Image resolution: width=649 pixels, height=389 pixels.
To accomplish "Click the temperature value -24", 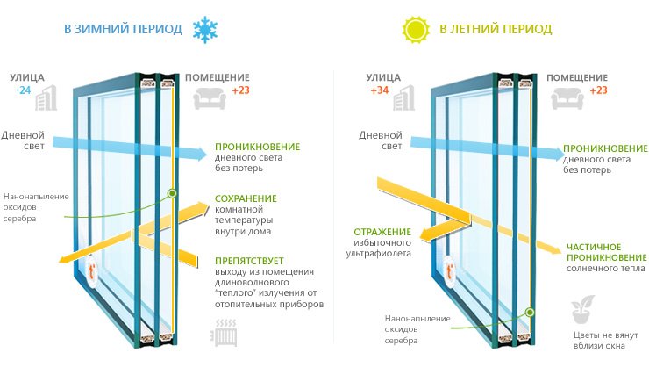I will tap(21, 90).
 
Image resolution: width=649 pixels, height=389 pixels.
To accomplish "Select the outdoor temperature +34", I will tap(379, 90).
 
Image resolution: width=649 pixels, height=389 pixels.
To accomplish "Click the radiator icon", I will tap(223, 334).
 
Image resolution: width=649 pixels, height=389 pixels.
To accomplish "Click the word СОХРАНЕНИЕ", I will tap(246, 198).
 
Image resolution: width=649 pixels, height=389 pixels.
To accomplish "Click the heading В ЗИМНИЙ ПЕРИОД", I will tap(123, 29).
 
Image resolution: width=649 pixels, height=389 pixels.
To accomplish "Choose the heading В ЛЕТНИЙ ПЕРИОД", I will tap(496, 29).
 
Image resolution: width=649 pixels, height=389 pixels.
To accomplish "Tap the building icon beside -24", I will tap(46, 99).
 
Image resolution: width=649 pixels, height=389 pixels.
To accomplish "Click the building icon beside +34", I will tap(404, 99).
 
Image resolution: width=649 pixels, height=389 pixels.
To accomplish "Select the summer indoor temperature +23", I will tap(598, 90).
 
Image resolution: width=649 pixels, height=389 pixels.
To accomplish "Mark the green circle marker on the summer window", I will tap(530, 311).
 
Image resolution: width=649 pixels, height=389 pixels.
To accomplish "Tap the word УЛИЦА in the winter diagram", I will tap(27, 77).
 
